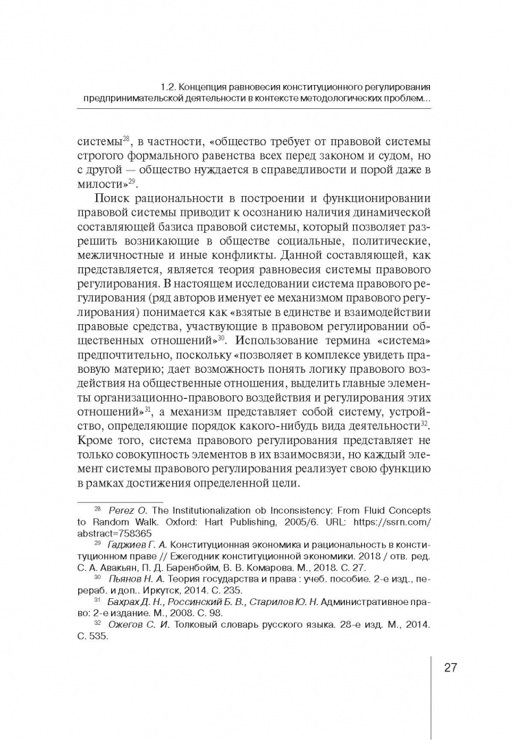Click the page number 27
pos(451,668)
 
